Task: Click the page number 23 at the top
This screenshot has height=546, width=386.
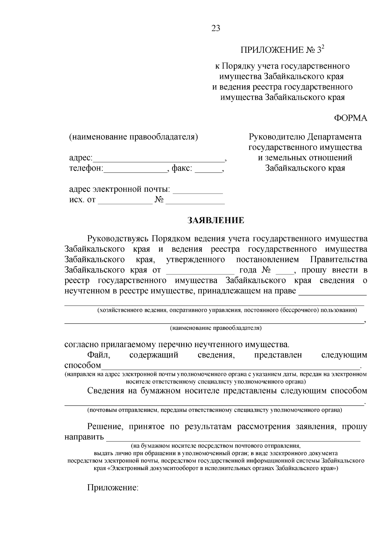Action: click(x=216, y=29)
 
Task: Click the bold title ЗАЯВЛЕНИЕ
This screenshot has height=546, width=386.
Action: click(x=216, y=220)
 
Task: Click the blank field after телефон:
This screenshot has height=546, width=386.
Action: click(x=135, y=170)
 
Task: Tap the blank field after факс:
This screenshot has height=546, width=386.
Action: click(x=208, y=170)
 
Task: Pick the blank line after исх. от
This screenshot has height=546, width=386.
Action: click(x=125, y=201)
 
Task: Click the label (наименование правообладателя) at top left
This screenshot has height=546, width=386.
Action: click(x=133, y=137)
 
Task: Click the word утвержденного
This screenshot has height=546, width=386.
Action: click(x=196, y=260)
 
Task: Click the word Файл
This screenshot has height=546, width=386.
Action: click(x=99, y=355)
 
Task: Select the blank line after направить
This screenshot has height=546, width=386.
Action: click(x=233, y=438)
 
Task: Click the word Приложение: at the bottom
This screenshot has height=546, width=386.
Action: click(x=113, y=487)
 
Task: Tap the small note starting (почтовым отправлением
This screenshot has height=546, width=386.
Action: click(x=215, y=410)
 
